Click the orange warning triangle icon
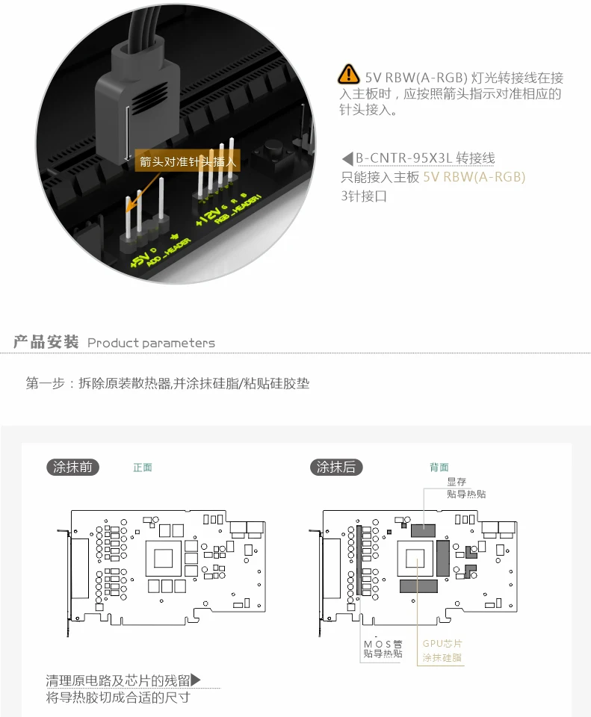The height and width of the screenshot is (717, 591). coord(348,75)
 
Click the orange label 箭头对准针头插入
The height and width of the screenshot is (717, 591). coord(188,161)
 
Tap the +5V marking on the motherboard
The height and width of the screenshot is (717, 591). coord(139,261)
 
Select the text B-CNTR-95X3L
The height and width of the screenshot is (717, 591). coord(402,158)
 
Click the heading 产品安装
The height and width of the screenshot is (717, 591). coord(46,342)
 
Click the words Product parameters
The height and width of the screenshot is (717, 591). coord(151,343)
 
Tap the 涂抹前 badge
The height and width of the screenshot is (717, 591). coord(72,467)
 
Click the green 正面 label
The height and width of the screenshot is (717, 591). coord(143,468)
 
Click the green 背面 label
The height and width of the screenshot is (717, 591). coord(439,468)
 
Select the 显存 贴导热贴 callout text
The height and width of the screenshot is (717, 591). coord(466,488)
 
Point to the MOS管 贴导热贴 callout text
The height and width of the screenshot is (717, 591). coord(383,648)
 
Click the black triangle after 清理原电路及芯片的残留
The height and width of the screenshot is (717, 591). coord(196,680)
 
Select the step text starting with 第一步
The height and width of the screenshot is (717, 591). coord(167,384)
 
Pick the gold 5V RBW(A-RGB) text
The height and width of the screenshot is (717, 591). coord(474,177)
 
